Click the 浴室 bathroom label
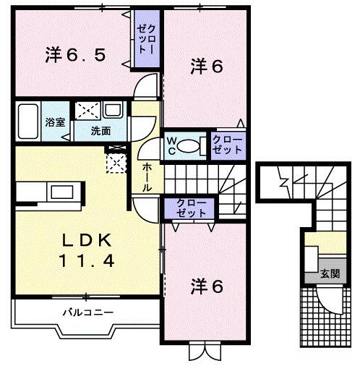pos(55,122)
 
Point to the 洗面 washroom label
pos(100,131)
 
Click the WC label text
pos(173,144)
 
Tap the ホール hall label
pos(147,176)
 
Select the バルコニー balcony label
pos(87,312)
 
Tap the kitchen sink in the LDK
pos(59,192)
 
